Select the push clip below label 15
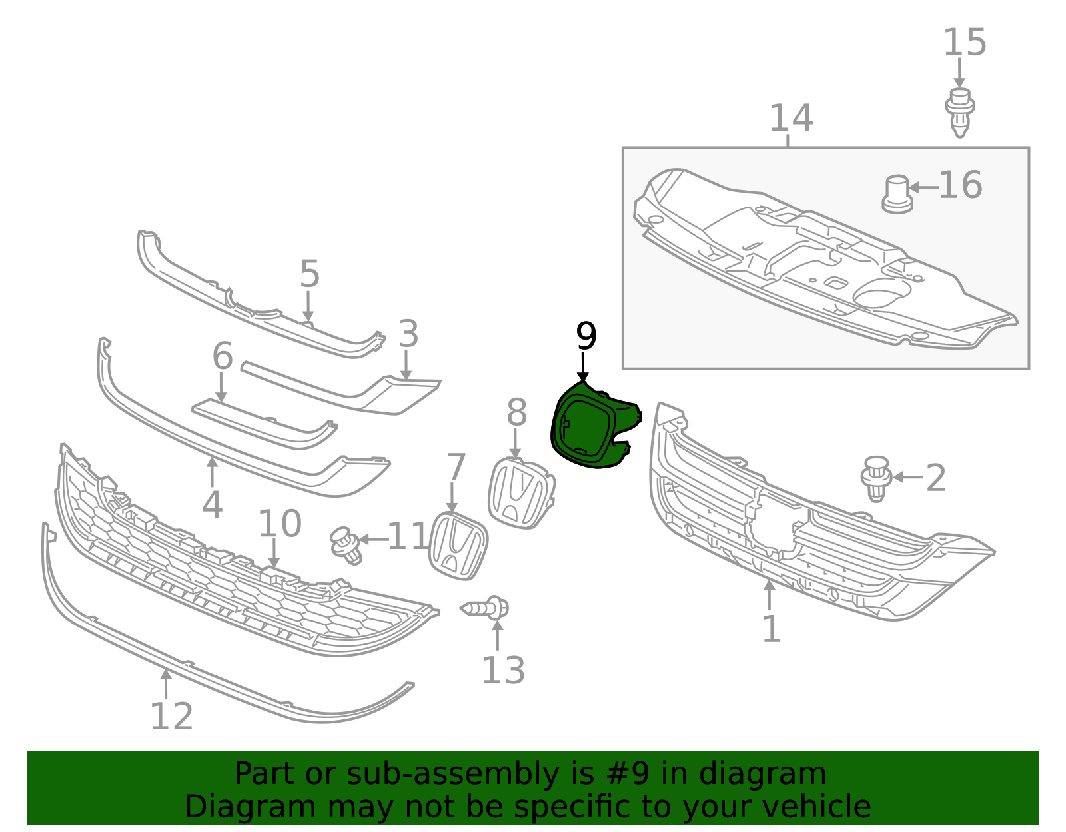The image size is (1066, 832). [x=960, y=113]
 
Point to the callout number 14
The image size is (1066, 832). [x=791, y=118]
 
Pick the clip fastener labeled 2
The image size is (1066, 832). [x=876, y=479]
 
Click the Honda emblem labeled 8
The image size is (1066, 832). [x=521, y=493]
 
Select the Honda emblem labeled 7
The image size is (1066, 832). [x=458, y=546]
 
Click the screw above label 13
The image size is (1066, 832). [x=484, y=608]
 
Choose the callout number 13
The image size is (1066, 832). [x=503, y=670]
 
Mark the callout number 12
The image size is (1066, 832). [x=171, y=716]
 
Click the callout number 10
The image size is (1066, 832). [x=280, y=524]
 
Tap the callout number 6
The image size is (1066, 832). [x=223, y=356]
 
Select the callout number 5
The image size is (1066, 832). [x=310, y=274]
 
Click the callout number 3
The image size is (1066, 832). [x=408, y=333]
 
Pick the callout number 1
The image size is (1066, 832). [x=771, y=629]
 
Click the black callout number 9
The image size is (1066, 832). [x=586, y=336]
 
